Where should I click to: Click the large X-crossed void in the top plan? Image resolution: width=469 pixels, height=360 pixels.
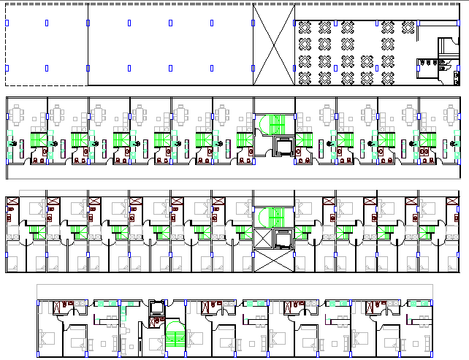(274, 45)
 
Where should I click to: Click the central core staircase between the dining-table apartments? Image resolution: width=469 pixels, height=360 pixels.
(274, 123)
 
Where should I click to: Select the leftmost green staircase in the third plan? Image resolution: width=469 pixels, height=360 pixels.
(35, 231)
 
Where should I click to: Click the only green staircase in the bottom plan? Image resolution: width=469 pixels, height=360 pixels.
(174, 339)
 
